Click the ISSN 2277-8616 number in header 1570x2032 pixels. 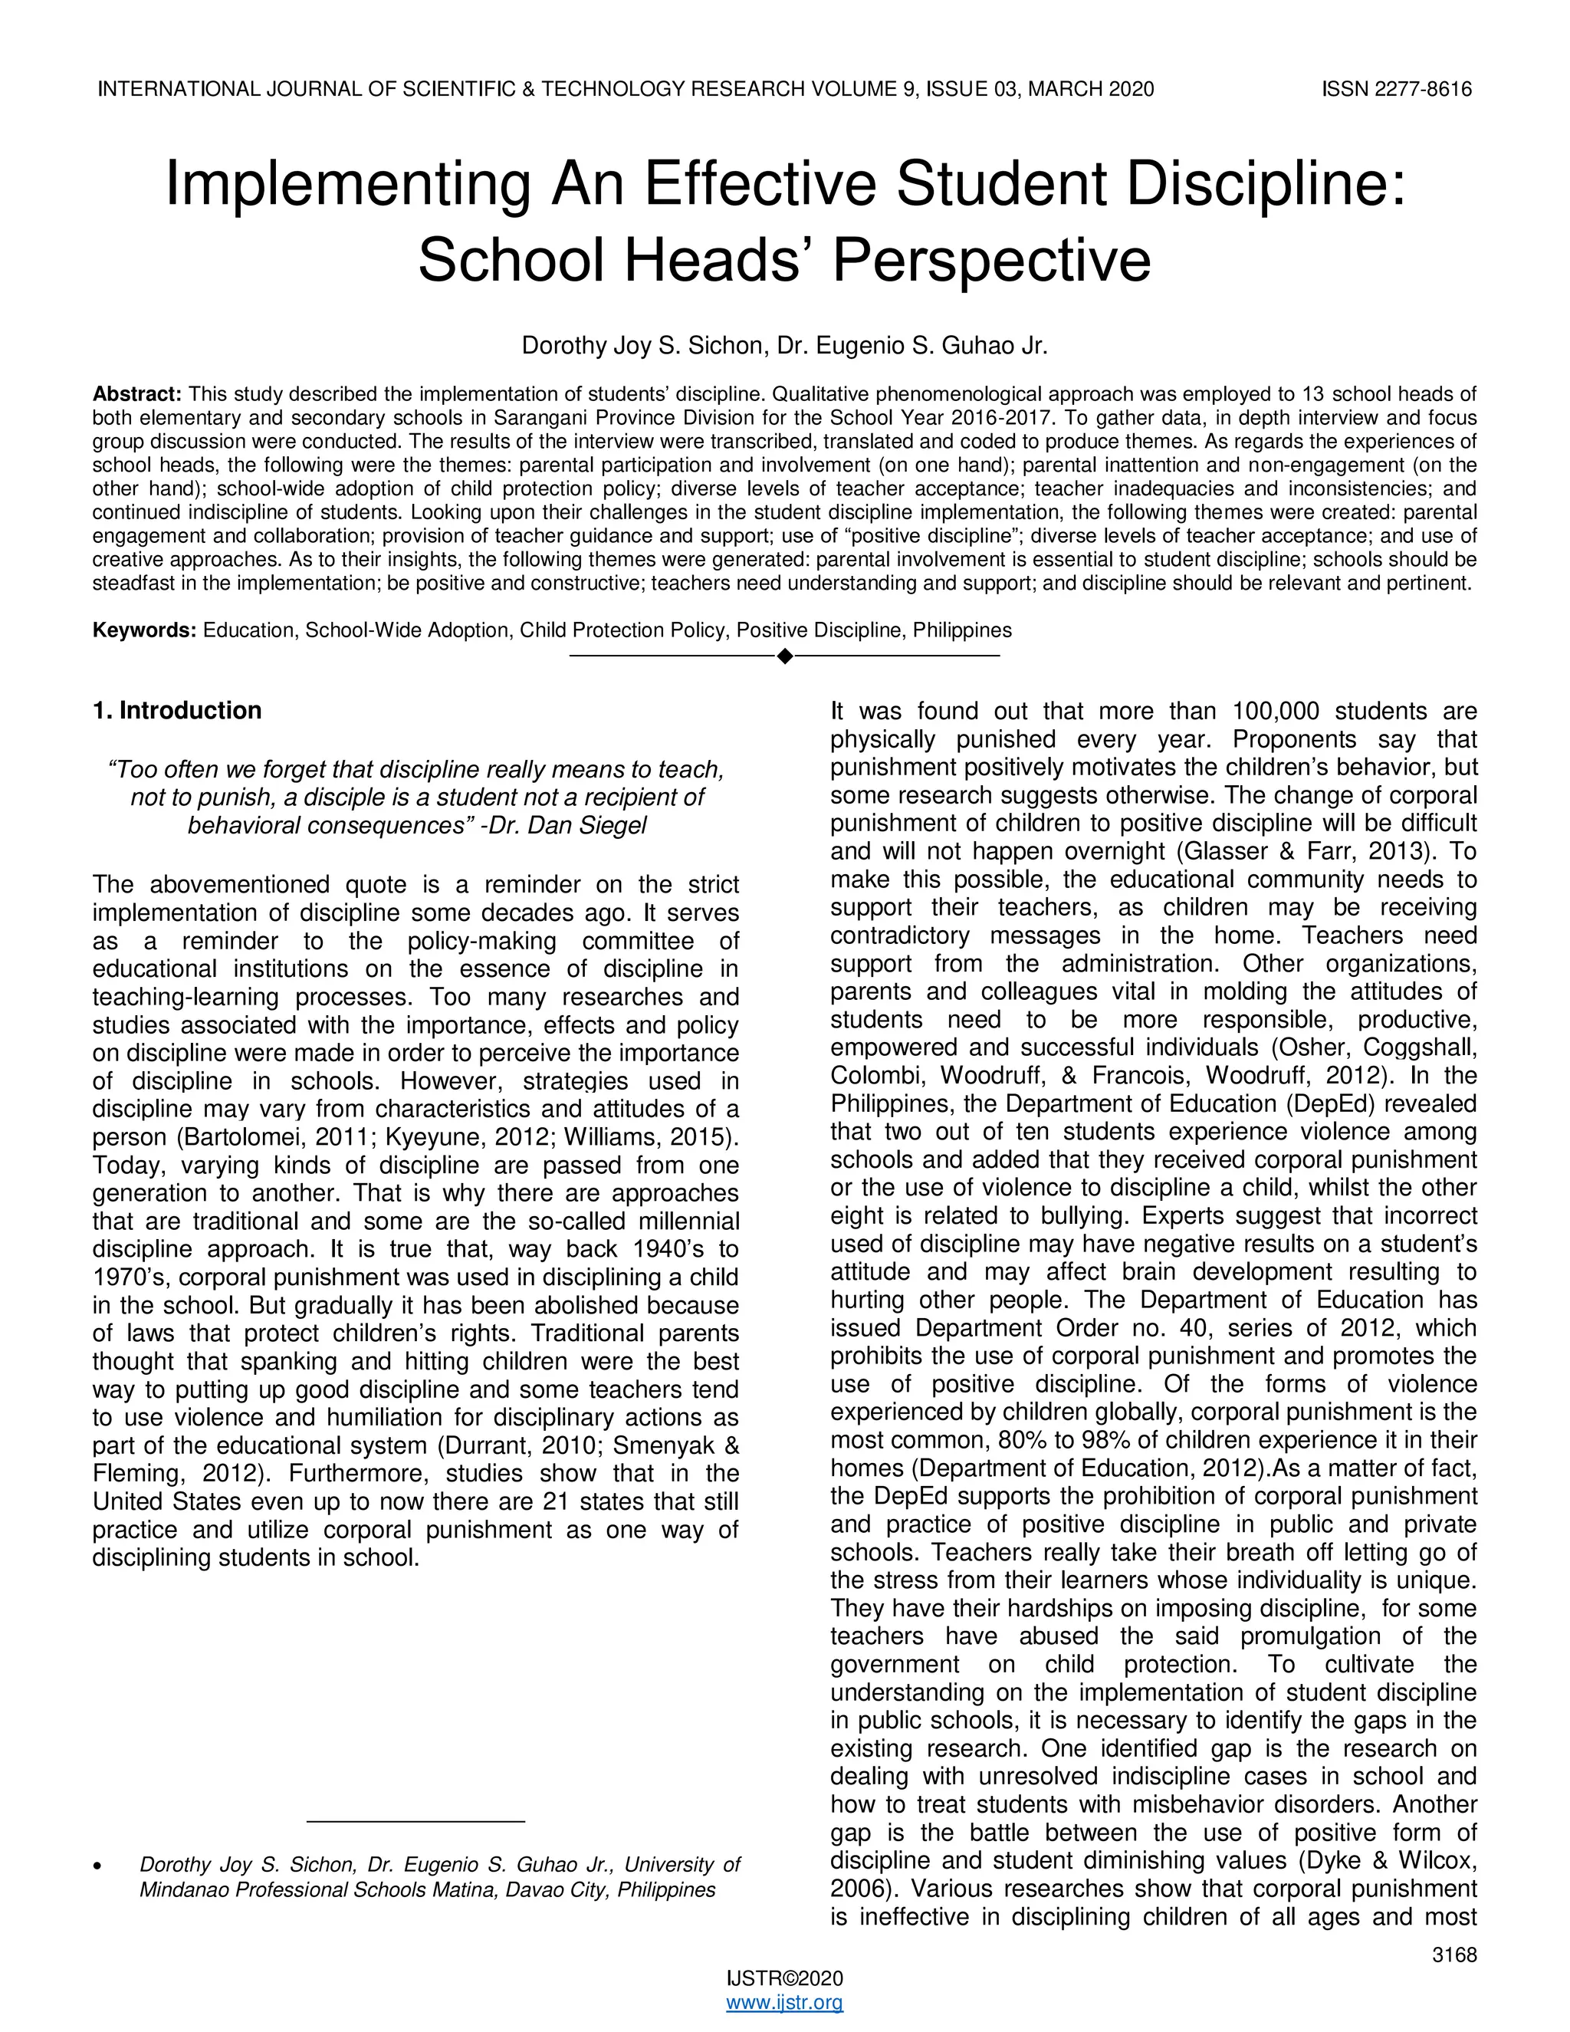tap(1396, 89)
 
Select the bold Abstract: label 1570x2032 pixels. tap(136, 393)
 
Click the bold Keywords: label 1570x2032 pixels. tap(144, 630)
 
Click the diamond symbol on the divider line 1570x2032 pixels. tap(784, 657)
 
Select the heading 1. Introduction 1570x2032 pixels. tap(177, 711)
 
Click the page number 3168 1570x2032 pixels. tap(1453, 1955)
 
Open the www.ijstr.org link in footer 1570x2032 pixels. tap(784, 2002)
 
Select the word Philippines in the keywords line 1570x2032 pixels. tap(962, 630)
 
